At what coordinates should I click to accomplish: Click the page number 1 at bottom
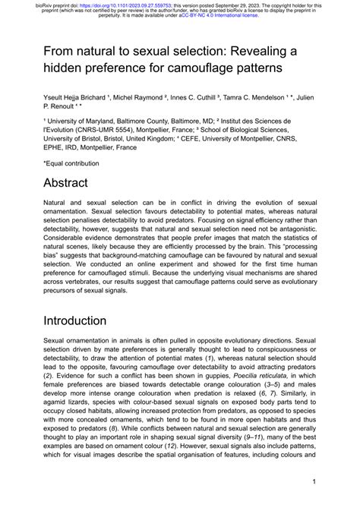pos(313,481)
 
